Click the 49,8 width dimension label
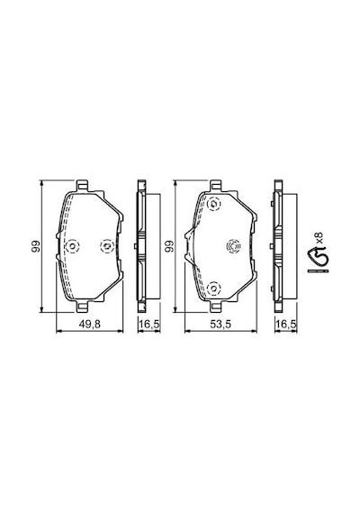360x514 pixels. click(x=90, y=325)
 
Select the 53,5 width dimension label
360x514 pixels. click(x=220, y=325)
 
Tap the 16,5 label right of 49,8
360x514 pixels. click(x=149, y=325)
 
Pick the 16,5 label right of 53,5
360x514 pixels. click(x=285, y=325)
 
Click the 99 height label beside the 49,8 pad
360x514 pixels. click(x=36, y=246)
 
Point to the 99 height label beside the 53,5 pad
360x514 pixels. click(x=169, y=246)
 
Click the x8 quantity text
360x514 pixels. click(x=319, y=237)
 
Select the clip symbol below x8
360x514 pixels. click(x=318, y=262)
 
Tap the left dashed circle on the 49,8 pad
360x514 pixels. click(x=72, y=246)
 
